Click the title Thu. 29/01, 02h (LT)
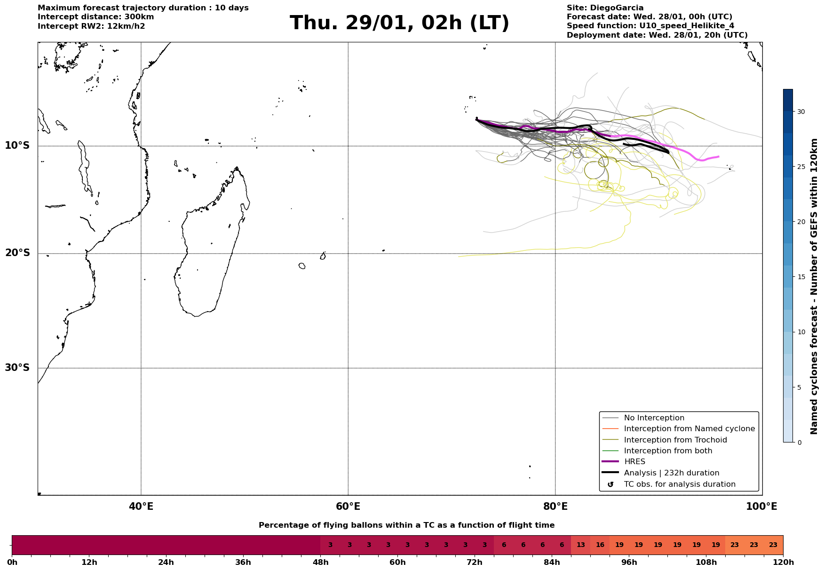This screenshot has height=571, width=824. coord(399,23)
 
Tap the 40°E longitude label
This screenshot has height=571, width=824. coord(141,507)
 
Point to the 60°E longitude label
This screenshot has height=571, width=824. coord(348,507)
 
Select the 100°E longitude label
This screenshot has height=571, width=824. coord(762,507)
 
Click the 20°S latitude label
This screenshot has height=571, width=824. coord(17,253)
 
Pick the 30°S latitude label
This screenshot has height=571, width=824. coord(17,368)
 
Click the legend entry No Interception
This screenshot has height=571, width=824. coord(654,418)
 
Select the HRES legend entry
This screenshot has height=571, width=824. coord(634,462)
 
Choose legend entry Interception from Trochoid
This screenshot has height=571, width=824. coord(675,440)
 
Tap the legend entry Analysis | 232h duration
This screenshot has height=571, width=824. coord(671,473)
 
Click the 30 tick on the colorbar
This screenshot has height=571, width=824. coord(800,112)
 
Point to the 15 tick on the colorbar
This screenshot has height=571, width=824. coord(800,277)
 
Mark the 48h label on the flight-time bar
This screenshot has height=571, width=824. coord(320,563)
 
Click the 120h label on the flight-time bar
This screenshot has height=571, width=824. coord(783,563)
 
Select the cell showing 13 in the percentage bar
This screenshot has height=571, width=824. coord(580,545)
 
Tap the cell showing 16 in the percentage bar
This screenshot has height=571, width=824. coord(600,545)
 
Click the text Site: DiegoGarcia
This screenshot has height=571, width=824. coord(605,8)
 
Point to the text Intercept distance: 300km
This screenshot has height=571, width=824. coord(95,17)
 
